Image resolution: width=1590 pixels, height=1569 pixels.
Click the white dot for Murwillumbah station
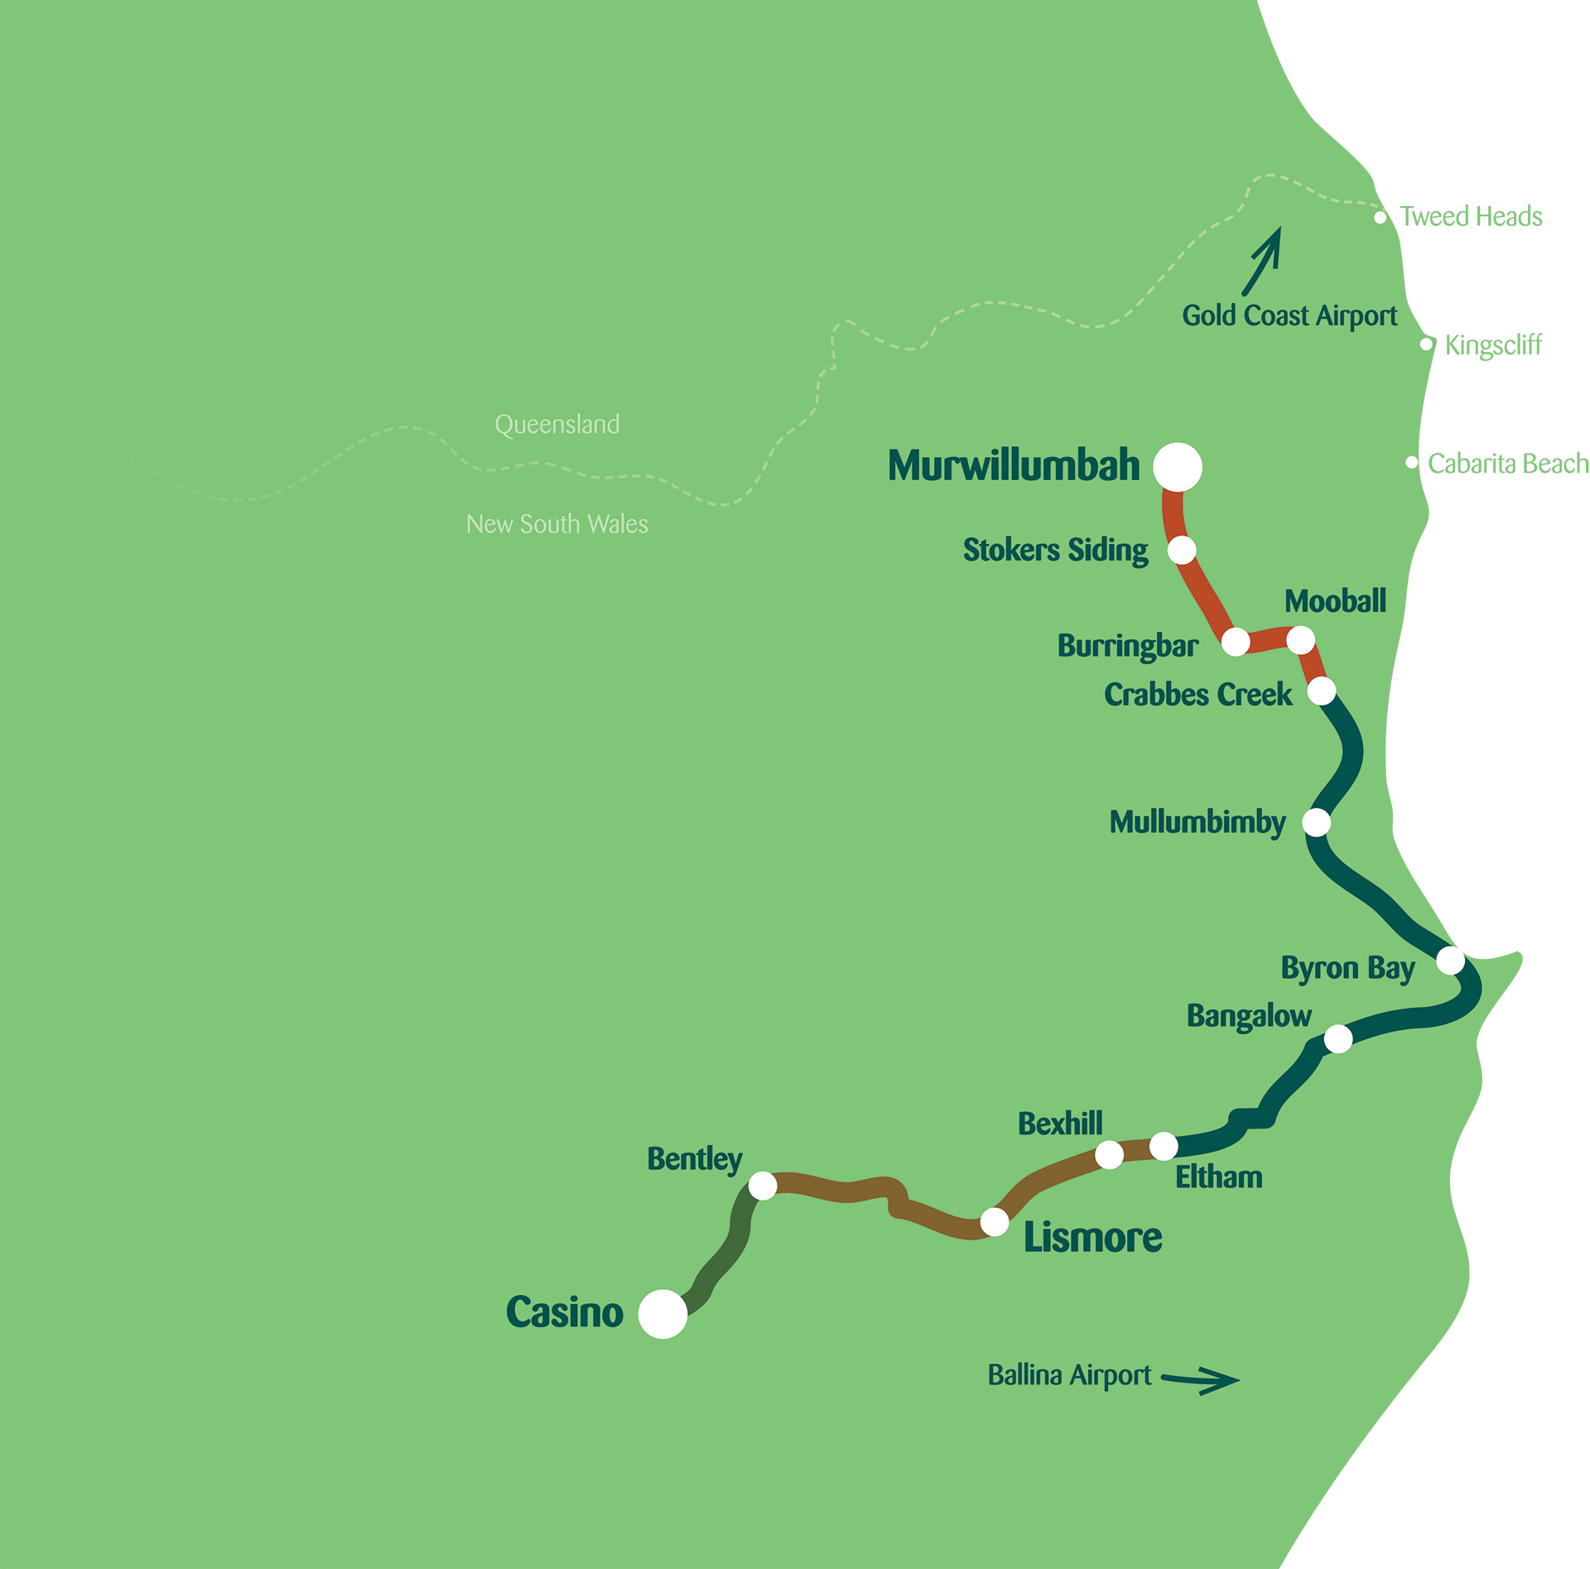[1178, 467]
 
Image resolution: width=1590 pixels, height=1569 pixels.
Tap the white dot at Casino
[662, 1314]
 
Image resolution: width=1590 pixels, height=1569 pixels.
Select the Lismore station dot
[995, 1221]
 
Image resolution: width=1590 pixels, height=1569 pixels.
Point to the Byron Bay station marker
[1450, 960]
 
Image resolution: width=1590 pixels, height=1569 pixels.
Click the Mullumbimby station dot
[1317, 822]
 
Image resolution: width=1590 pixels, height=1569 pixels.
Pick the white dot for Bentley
[763, 1186]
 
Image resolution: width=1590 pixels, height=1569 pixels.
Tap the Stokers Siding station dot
[1182, 549]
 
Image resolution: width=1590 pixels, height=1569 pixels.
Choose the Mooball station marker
[1300, 639]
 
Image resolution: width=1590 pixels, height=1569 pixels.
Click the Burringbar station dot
[1236, 642]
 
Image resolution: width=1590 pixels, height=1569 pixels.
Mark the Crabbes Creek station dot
[1322, 690]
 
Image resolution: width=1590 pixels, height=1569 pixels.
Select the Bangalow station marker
[1338, 1038]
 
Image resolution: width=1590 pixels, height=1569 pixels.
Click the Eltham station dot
[1164, 1146]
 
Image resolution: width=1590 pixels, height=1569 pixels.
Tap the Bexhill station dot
[1110, 1154]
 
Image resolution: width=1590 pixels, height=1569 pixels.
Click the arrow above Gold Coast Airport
[1263, 261]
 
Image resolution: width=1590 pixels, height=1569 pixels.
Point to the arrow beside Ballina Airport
[1201, 1379]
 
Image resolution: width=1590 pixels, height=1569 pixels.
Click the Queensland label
[556, 425]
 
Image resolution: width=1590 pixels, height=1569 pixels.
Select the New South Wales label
[556, 524]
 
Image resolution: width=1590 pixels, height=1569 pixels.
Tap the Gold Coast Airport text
[1289, 316]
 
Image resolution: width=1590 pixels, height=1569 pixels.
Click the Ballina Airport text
[1069, 1375]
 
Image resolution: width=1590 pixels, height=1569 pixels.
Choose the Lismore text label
[1092, 1238]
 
